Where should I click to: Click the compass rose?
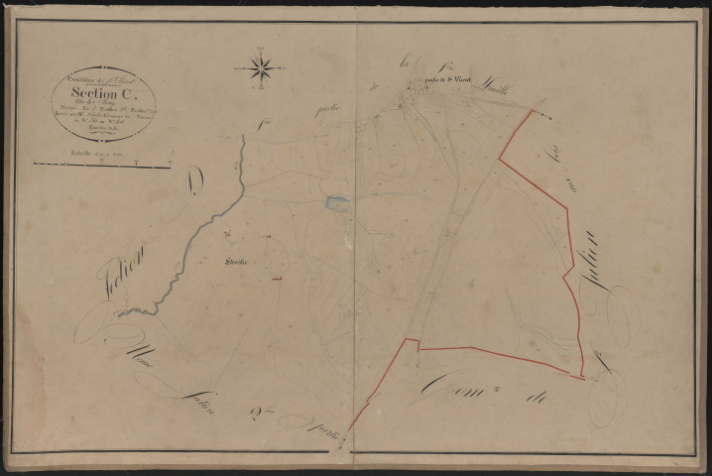[261, 67]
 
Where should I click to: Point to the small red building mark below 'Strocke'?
[277, 279]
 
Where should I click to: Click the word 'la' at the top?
[405, 65]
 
